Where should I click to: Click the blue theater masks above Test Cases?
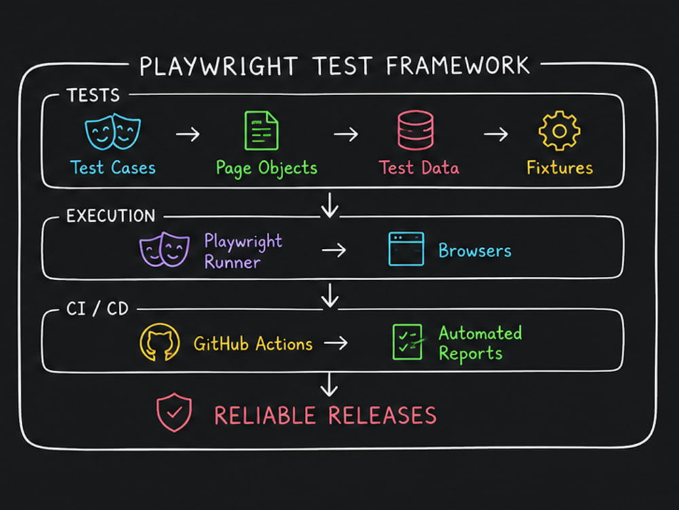[113, 131]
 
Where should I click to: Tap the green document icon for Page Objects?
[261, 131]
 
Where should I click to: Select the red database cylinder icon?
[416, 130]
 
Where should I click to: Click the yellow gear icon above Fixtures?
[559, 131]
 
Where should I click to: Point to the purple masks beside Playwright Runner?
[164, 250]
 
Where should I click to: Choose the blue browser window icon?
[406, 249]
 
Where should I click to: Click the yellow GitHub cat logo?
[160, 342]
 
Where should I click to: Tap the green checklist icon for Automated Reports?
[408, 342]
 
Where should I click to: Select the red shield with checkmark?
[174, 413]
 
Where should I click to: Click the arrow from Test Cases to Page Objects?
[188, 135]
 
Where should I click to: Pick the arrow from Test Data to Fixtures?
[496, 135]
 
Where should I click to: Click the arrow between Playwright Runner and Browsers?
[334, 250]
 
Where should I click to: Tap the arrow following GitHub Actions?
[336, 343]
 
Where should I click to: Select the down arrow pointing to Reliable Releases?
[329, 385]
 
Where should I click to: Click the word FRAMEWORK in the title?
[458, 66]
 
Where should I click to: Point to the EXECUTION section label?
[111, 216]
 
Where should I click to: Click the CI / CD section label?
[97, 309]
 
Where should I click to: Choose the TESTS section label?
[93, 95]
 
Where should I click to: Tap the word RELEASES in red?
[382, 415]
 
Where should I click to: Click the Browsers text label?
[475, 251]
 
